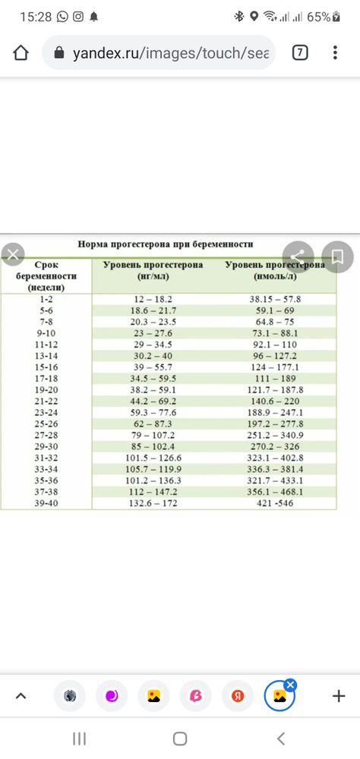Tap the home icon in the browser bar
21,53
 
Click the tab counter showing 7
300,52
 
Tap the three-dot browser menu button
335,53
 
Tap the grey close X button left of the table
11,255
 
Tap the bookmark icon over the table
337,255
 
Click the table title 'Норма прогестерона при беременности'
165,244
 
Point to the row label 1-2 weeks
46,299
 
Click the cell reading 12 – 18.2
153,299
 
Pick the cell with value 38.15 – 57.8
275,299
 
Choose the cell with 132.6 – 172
153,504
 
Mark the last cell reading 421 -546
276,504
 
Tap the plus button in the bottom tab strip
339,696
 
